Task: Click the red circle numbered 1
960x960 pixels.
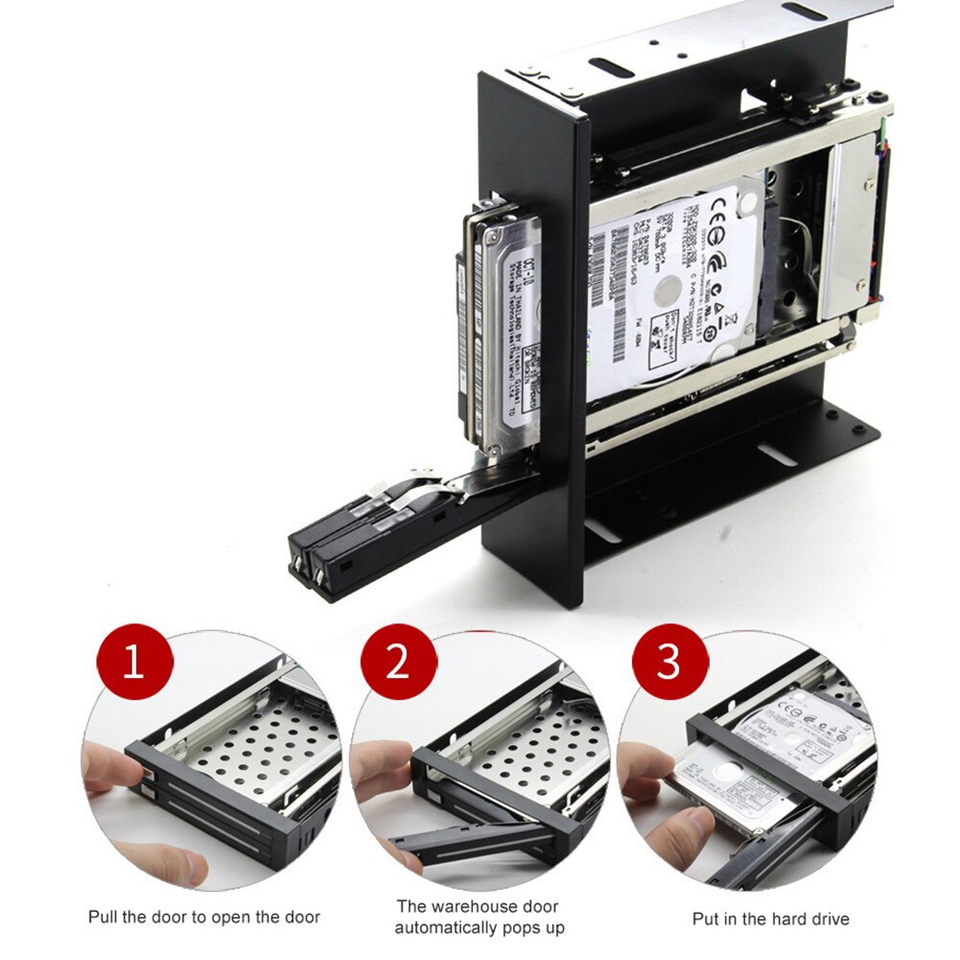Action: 134,663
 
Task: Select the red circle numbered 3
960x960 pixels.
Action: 668,663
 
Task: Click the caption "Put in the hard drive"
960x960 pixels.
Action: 770,918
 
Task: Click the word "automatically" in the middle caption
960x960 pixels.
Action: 448,927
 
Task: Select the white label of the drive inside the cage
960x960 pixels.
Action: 671,288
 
